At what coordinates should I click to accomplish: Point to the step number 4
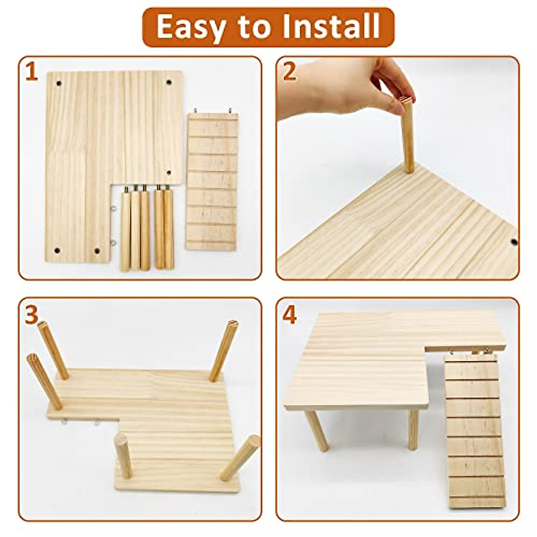coord(290,315)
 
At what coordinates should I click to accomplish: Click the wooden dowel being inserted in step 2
coord(408,134)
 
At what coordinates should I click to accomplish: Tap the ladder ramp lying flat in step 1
coord(212,181)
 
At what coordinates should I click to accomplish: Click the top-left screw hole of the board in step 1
coord(59,83)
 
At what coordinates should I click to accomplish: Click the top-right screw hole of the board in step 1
coord(169,83)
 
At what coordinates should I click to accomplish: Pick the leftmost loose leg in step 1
coord(125,230)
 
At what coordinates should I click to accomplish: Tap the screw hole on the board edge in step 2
coord(514,242)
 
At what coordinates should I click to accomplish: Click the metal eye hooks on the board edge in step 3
coord(81,421)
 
